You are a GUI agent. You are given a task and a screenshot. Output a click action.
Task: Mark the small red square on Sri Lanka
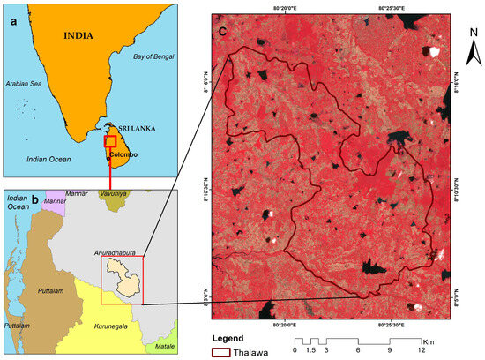pos(110,141)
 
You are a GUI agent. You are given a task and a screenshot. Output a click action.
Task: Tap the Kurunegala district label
pos(110,326)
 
